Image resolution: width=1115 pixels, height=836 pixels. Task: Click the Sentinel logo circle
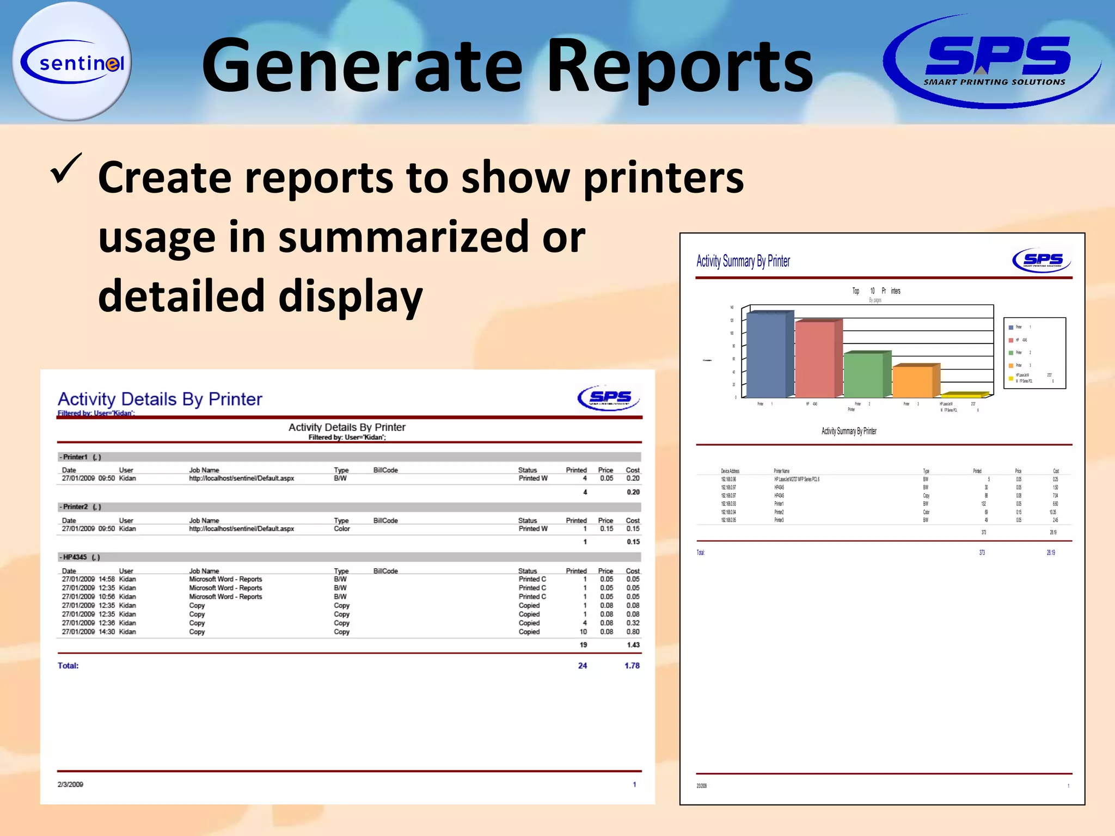[x=72, y=62]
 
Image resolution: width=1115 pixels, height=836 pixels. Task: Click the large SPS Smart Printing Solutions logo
[x=993, y=61]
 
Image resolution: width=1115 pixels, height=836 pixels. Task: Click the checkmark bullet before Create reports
[x=66, y=169]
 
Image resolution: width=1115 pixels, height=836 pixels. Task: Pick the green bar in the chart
[x=865, y=375]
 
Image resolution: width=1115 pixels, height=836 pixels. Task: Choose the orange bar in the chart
[x=913, y=381]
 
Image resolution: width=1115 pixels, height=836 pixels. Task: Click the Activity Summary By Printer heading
[x=743, y=262]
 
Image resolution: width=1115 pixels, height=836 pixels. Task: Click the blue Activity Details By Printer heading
[x=160, y=399]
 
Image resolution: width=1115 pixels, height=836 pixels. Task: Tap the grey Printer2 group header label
[x=75, y=507]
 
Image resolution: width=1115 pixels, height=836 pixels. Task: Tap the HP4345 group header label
[x=75, y=557]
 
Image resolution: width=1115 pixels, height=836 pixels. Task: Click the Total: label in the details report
[x=68, y=666]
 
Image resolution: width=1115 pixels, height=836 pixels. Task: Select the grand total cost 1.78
[x=632, y=666]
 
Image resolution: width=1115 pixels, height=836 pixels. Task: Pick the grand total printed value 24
[x=583, y=666]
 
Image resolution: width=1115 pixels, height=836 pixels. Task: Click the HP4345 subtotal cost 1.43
[x=633, y=645]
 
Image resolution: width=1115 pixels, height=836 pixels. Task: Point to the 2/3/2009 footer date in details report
[x=70, y=784]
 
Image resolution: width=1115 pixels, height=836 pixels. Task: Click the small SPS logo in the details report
[x=609, y=398]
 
